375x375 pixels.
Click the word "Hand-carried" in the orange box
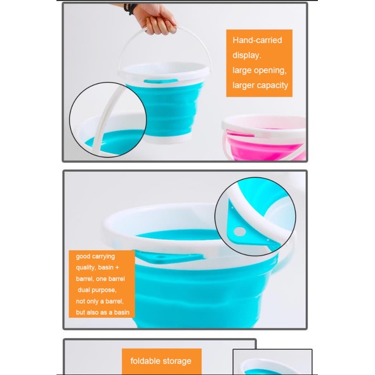point(258,40)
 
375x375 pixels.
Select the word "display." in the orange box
point(247,55)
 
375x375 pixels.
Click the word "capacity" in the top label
point(274,86)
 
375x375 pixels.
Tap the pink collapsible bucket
point(264,138)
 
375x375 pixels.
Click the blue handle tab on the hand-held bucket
point(161,81)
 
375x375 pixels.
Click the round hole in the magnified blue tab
point(239,231)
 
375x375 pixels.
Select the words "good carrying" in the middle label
point(95,256)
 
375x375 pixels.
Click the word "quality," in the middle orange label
point(86,268)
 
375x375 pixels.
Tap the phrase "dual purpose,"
point(97,290)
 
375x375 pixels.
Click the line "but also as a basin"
point(103,312)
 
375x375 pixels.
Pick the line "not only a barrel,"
point(100,301)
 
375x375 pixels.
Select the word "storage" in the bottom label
point(177,362)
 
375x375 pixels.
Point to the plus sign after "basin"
point(117,268)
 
